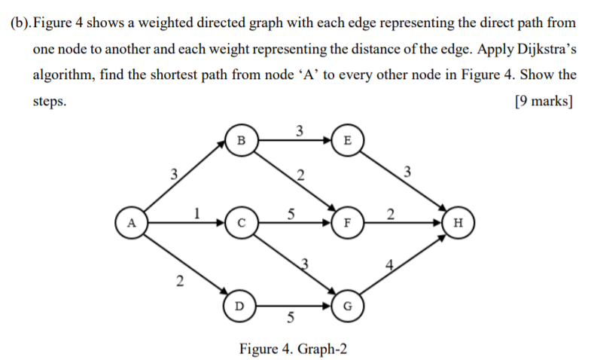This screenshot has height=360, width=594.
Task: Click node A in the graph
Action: [x=132, y=223]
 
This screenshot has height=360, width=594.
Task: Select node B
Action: [x=241, y=140]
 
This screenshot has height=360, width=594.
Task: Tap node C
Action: [x=241, y=223]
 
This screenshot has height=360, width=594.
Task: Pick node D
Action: [x=239, y=307]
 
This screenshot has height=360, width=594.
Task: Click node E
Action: [x=346, y=140]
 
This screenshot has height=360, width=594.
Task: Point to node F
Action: [x=346, y=223]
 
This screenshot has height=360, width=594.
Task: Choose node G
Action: [x=346, y=307]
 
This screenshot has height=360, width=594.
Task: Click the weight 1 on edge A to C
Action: [x=197, y=213]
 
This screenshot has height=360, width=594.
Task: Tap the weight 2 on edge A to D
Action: [x=178, y=282]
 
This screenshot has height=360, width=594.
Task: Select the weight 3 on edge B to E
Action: [x=299, y=130]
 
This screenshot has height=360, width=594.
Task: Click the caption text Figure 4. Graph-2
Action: [x=294, y=349]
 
